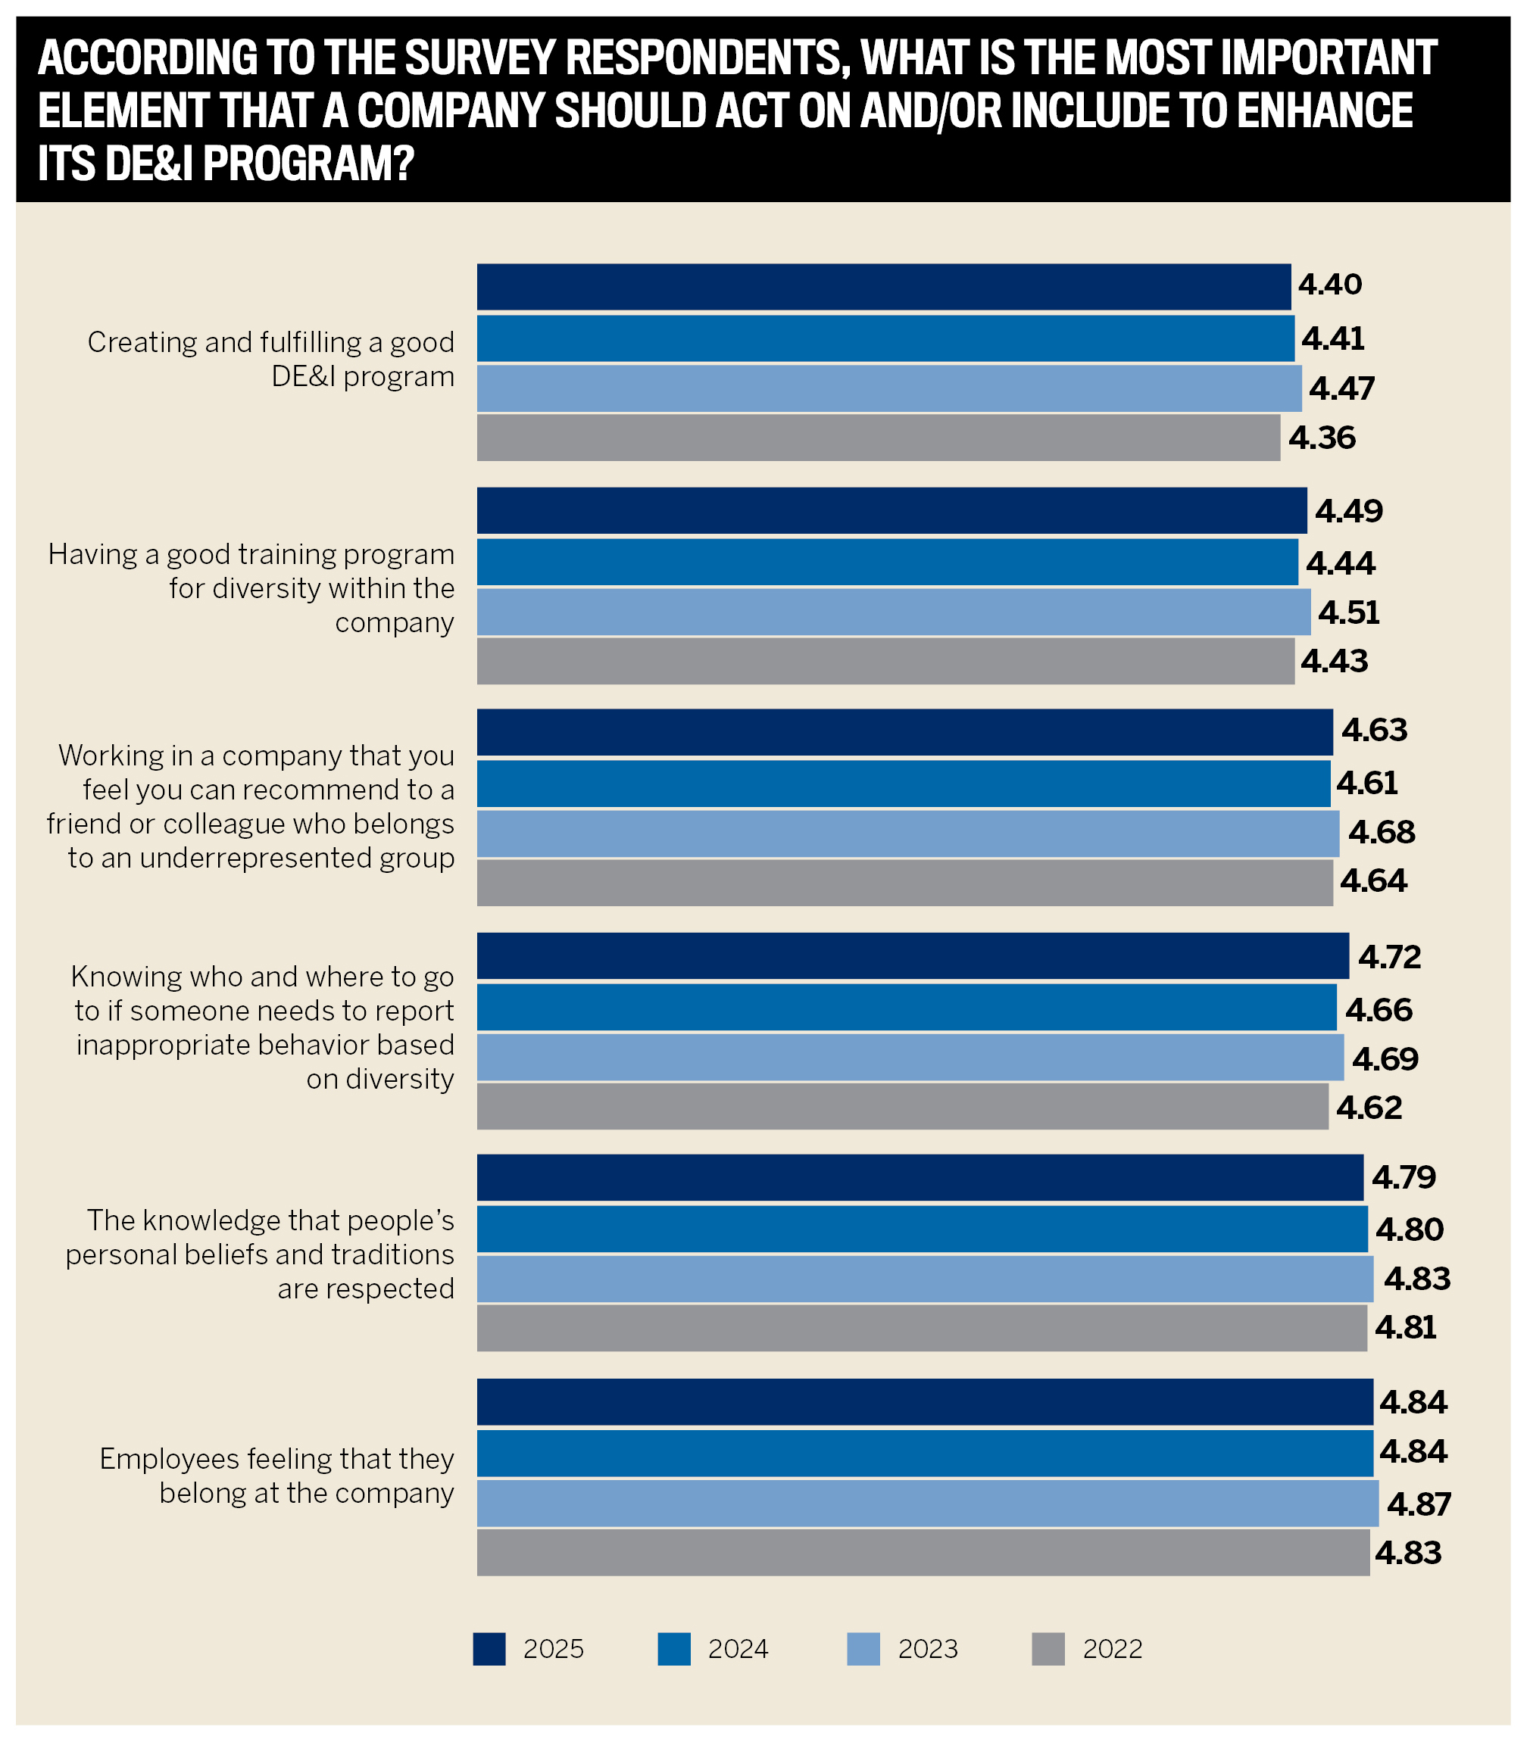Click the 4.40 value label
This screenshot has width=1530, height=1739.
[x=1329, y=285]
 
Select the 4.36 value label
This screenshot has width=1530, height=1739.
[x=1322, y=438]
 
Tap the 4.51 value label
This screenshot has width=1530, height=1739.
[x=1348, y=613]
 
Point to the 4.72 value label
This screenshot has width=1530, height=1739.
[x=1389, y=958]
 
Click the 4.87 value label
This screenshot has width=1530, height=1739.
[x=1419, y=1505]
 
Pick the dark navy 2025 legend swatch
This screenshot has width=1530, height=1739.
[x=489, y=1649]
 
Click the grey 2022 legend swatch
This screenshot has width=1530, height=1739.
[x=1048, y=1649]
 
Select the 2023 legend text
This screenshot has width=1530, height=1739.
[x=928, y=1650]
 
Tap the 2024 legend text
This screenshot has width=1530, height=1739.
[x=738, y=1650]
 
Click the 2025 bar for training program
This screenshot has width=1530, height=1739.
[x=891, y=510]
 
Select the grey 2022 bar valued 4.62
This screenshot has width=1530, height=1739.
[x=902, y=1107]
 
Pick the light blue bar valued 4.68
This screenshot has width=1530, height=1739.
[x=907, y=834]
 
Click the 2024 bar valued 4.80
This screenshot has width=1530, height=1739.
[x=922, y=1229]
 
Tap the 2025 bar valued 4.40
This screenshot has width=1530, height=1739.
[x=883, y=287]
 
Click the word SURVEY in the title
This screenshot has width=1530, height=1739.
[x=480, y=58]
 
